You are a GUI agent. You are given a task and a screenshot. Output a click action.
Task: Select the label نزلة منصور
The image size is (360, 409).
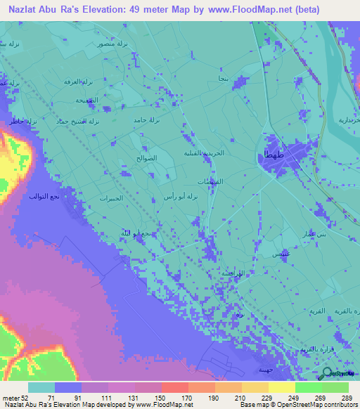[113, 44]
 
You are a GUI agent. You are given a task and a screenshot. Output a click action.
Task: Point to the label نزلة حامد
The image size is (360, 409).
[148, 120]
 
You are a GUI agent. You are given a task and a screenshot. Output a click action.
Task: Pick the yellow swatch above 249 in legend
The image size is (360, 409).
[281, 387]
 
